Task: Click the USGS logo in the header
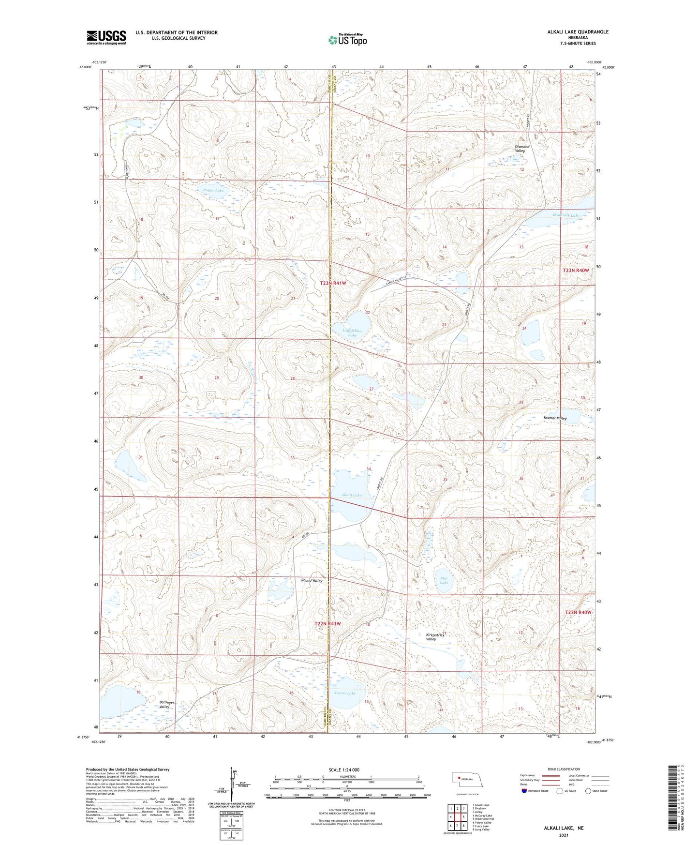[x=106, y=37]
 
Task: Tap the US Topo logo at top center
[x=347, y=40]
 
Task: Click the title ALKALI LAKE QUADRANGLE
[x=578, y=32]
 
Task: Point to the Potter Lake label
[x=213, y=191]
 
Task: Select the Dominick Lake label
[x=565, y=215]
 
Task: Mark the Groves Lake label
[x=344, y=693]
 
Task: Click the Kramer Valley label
[x=555, y=418]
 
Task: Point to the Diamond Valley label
[x=522, y=149]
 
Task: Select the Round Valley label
[x=312, y=580]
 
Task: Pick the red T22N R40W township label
[x=578, y=612]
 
